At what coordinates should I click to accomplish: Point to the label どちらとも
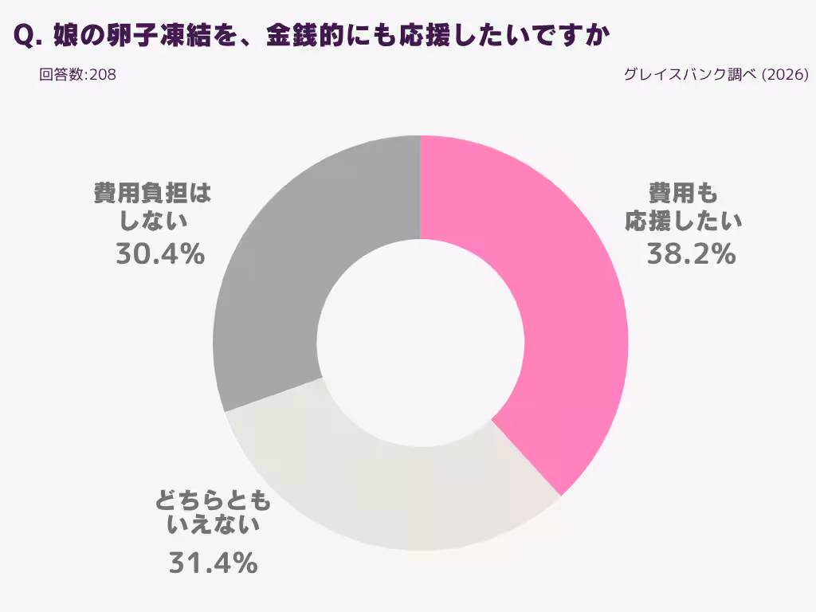(x=213, y=502)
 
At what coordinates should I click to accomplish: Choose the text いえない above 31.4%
(x=213, y=526)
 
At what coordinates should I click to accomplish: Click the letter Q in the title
(x=24, y=37)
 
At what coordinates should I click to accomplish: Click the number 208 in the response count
(x=104, y=75)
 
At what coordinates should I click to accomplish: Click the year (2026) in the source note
(x=785, y=75)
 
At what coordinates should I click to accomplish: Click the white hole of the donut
(x=421, y=343)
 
